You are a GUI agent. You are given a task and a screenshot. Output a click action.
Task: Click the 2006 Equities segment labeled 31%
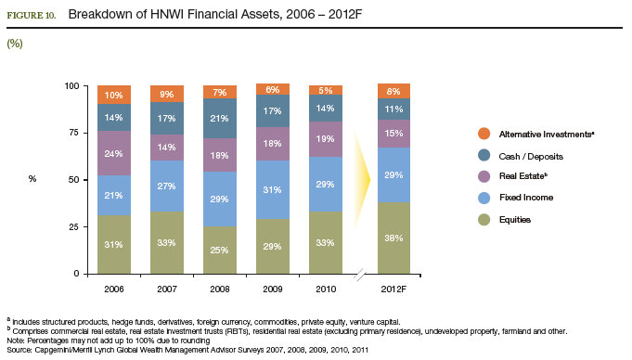113,244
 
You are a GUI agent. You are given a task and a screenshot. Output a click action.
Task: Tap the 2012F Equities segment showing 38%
393,238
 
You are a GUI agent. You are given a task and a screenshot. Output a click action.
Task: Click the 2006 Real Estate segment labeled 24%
113,153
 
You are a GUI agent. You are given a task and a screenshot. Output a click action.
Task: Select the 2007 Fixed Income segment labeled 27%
167,186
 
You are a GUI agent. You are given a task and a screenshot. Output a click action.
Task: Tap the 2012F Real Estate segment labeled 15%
393,134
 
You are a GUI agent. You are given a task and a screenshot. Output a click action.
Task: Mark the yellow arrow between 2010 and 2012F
360,176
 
